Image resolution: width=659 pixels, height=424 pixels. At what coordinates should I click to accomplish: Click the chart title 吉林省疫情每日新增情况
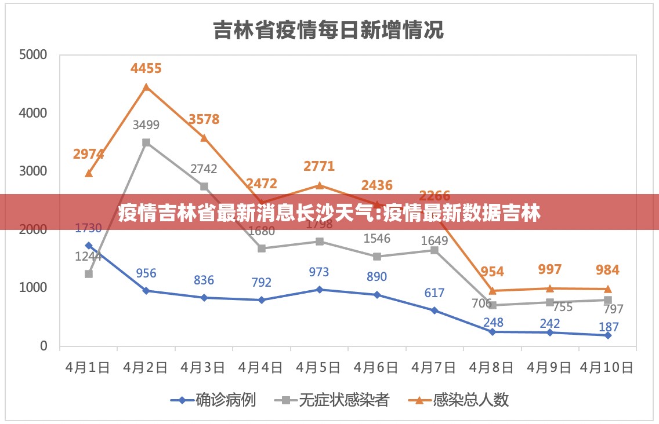[x=328, y=29]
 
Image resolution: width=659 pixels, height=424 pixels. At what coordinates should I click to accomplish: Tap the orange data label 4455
[x=146, y=68]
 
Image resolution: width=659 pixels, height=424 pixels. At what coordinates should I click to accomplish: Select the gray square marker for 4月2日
[x=146, y=142]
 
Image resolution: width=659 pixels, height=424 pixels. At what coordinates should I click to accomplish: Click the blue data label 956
[x=146, y=273]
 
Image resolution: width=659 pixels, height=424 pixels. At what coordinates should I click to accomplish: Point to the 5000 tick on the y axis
[x=32, y=55]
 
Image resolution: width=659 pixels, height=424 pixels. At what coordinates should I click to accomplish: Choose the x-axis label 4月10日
[x=607, y=368]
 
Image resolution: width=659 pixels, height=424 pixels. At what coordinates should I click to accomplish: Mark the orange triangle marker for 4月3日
[x=204, y=138]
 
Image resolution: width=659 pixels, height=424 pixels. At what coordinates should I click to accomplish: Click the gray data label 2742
[x=204, y=169]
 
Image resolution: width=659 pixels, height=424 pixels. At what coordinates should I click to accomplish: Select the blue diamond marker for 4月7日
[x=434, y=310]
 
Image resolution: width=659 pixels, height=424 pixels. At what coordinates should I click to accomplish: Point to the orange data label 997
[x=550, y=269]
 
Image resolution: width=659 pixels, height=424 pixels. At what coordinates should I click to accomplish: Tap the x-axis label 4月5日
[x=319, y=368]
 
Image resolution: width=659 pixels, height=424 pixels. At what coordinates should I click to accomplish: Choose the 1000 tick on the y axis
[x=32, y=288]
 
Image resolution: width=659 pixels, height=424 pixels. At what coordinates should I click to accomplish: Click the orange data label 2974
[x=88, y=154]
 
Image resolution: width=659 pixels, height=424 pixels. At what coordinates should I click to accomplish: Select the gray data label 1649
[x=434, y=240]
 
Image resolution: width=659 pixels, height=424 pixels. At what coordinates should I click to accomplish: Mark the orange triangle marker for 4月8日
[x=493, y=291]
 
